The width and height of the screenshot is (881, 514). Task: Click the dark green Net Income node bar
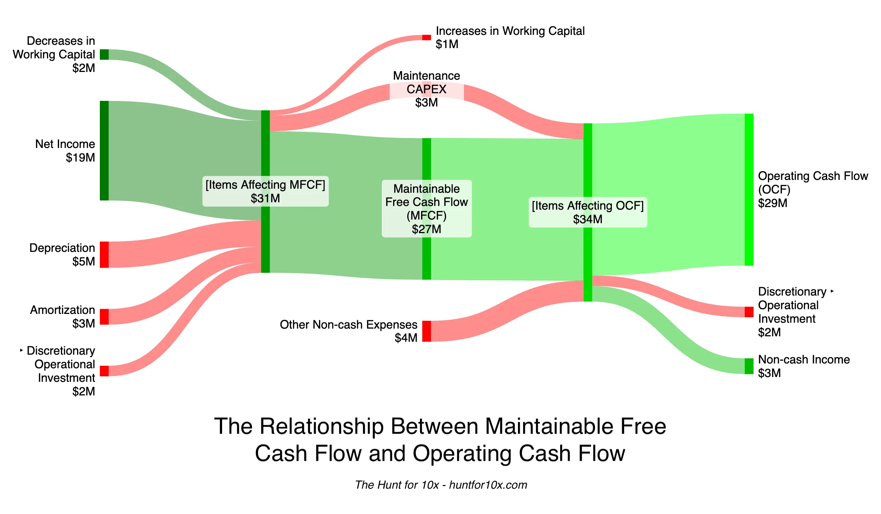(104, 151)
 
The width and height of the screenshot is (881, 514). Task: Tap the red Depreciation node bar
(104, 254)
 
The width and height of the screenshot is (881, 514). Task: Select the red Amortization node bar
(104, 316)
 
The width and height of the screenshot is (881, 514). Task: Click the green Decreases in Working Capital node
(104, 54)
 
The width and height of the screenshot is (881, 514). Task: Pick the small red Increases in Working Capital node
(426, 37)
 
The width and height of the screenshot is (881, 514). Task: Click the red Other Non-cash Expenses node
(426, 331)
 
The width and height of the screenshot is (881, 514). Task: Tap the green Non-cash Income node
(749, 366)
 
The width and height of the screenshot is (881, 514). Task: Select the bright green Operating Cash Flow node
(749, 189)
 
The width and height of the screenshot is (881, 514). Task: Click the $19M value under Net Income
(80, 158)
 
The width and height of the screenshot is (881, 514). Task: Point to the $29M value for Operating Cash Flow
(772, 203)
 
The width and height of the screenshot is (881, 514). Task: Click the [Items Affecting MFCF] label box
(265, 191)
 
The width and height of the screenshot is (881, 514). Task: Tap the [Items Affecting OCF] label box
(587, 212)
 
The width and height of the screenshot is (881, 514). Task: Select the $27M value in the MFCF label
(426, 229)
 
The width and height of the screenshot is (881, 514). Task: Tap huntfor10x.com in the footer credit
(488, 485)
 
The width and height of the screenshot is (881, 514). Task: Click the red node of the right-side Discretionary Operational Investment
(749, 312)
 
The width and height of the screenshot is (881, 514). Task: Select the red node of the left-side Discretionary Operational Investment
(104, 371)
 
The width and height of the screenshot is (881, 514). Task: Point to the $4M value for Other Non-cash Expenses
(406, 338)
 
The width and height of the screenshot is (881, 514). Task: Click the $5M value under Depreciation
(83, 261)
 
